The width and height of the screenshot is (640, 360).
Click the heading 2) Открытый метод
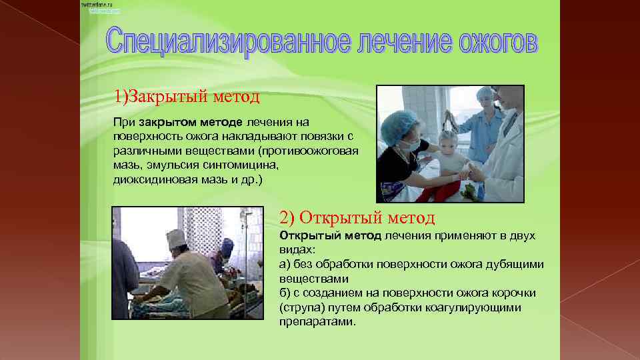point(357,217)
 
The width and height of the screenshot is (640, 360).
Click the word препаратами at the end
point(317,321)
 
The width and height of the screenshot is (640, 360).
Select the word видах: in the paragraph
point(295,250)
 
